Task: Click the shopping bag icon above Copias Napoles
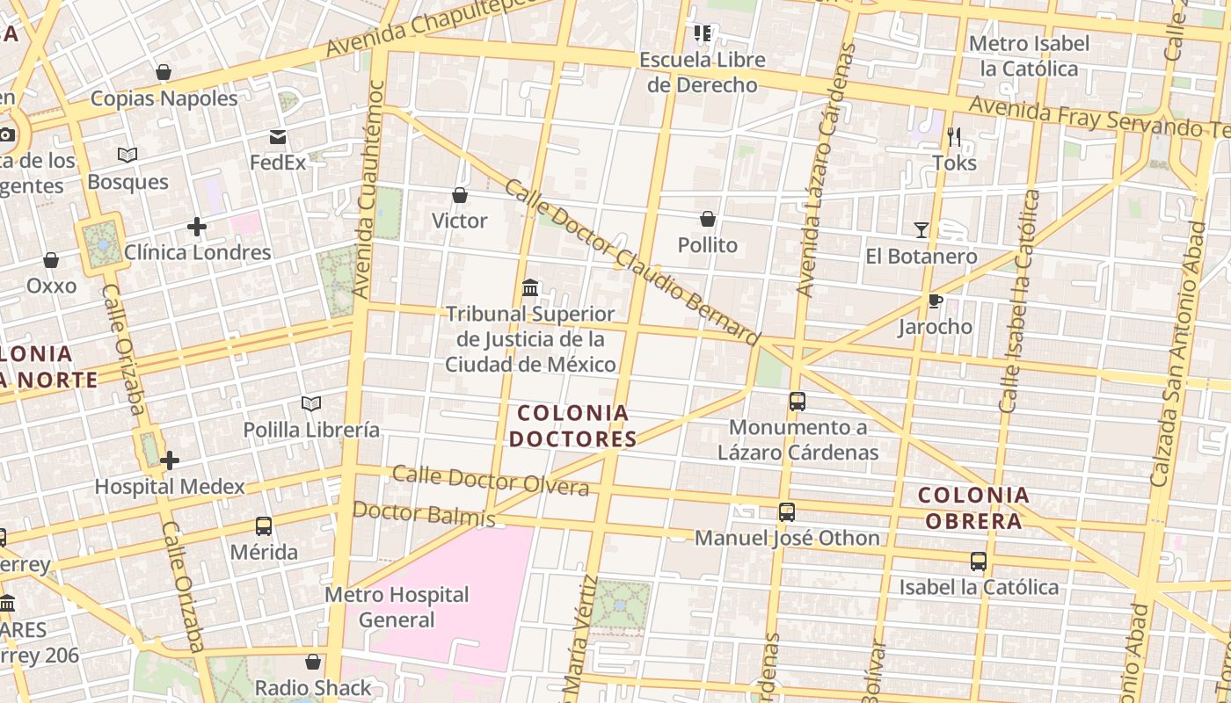163,72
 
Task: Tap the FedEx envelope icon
278,136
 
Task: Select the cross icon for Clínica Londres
197,228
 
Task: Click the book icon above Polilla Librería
311,403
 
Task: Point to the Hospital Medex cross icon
170,460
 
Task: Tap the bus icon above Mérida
263,526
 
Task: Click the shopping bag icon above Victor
459,195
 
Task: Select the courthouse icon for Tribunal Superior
530,287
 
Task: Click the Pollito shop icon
708,219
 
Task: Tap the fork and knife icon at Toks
954,137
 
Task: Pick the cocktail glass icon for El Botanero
921,230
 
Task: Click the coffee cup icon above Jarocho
935,301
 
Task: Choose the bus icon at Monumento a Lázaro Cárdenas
798,402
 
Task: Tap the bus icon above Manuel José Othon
787,512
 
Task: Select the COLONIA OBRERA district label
972,508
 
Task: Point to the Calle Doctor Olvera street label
490,480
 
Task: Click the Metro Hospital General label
397,607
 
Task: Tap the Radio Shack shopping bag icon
313,662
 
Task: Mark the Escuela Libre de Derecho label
702,72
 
